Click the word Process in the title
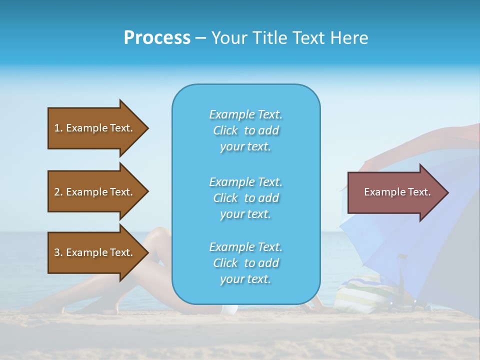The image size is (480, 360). click(x=157, y=38)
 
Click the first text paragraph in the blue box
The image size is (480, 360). click(x=245, y=130)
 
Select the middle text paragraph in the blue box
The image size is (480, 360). click(x=245, y=198)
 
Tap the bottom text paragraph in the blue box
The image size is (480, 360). click(x=245, y=263)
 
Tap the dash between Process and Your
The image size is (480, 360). click(x=200, y=38)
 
